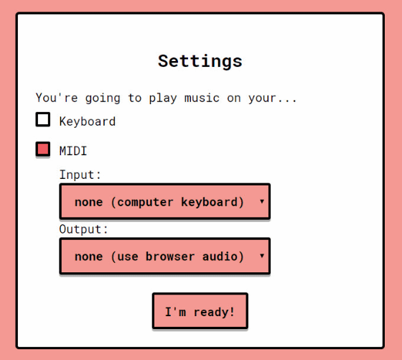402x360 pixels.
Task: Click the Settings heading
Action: (x=200, y=62)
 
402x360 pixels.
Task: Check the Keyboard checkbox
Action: (x=43, y=119)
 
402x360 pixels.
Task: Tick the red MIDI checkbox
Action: (x=43, y=149)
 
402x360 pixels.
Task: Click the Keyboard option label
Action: (x=88, y=121)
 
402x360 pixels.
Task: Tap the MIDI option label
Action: (x=73, y=151)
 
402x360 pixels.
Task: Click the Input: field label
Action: (x=80, y=175)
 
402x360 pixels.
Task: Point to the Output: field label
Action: (x=83, y=229)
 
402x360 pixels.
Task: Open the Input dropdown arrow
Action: (x=262, y=201)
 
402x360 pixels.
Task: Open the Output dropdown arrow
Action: (x=262, y=256)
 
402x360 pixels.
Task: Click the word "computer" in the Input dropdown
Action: (x=145, y=202)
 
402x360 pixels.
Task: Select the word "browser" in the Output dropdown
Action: (x=170, y=257)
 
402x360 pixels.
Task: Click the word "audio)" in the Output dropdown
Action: (x=223, y=257)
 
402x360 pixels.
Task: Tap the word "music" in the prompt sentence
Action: (x=202, y=98)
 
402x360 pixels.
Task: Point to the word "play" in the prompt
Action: (x=163, y=98)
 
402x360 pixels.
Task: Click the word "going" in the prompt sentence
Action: (x=103, y=98)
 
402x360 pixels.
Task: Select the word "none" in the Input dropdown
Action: (x=89, y=203)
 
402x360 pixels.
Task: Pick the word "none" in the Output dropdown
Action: (x=89, y=257)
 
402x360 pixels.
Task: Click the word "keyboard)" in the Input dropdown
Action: (x=212, y=202)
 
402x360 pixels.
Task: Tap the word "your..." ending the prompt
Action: (x=272, y=98)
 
